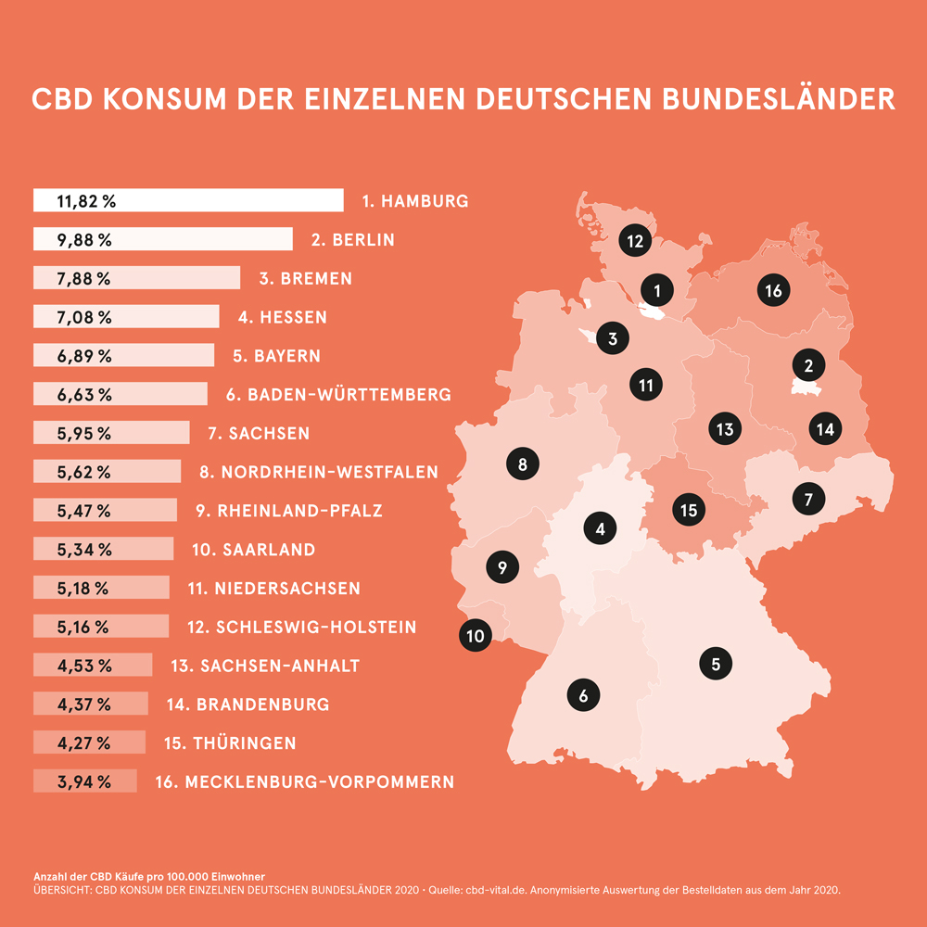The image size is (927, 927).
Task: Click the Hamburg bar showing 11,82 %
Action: click(188, 200)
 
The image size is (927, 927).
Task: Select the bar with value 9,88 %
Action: click(163, 239)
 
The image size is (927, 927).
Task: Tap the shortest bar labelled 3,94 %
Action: click(85, 781)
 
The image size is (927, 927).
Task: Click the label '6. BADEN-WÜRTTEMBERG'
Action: click(338, 394)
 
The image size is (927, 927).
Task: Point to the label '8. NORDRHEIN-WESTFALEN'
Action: click(319, 472)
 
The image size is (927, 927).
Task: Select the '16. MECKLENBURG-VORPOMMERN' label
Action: click(305, 781)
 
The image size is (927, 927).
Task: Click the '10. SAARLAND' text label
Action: click(254, 549)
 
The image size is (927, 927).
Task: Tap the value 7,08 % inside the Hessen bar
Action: click(84, 317)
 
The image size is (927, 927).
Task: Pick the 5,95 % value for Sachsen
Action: click(84, 433)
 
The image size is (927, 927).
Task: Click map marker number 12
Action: click(635, 241)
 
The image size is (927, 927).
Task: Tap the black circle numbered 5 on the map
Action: click(716, 663)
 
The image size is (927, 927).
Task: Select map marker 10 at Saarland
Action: click(476, 635)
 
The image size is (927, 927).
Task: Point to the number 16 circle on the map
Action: click(773, 290)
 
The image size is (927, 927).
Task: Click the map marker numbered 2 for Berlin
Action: click(808, 365)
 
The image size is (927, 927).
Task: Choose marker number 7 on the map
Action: click(808, 499)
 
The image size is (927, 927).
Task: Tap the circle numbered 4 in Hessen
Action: click(601, 529)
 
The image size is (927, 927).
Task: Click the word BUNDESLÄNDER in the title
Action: click(778, 99)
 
